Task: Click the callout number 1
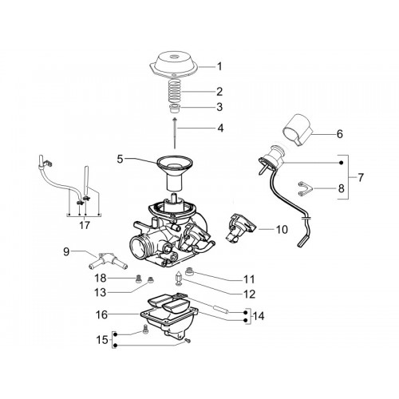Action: (x=219, y=66)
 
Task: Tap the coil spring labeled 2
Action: (x=176, y=90)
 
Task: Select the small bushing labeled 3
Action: (x=176, y=108)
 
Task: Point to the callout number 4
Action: (x=220, y=128)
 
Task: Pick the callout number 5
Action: (x=120, y=160)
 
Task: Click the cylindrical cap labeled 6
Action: (x=298, y=129)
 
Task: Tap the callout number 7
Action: (x=360, y=177)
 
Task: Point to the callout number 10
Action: (x=282, y=229)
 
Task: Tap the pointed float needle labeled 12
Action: (x=178, y=279)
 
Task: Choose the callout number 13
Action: (x=101, y=293)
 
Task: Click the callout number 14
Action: (x=259, y=316)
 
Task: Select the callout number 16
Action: (x=101, y=314)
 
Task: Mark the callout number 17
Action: (x=85, y=225)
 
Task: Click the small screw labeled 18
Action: (x=138, y=279)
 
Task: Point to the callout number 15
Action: (x=102, y=340)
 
